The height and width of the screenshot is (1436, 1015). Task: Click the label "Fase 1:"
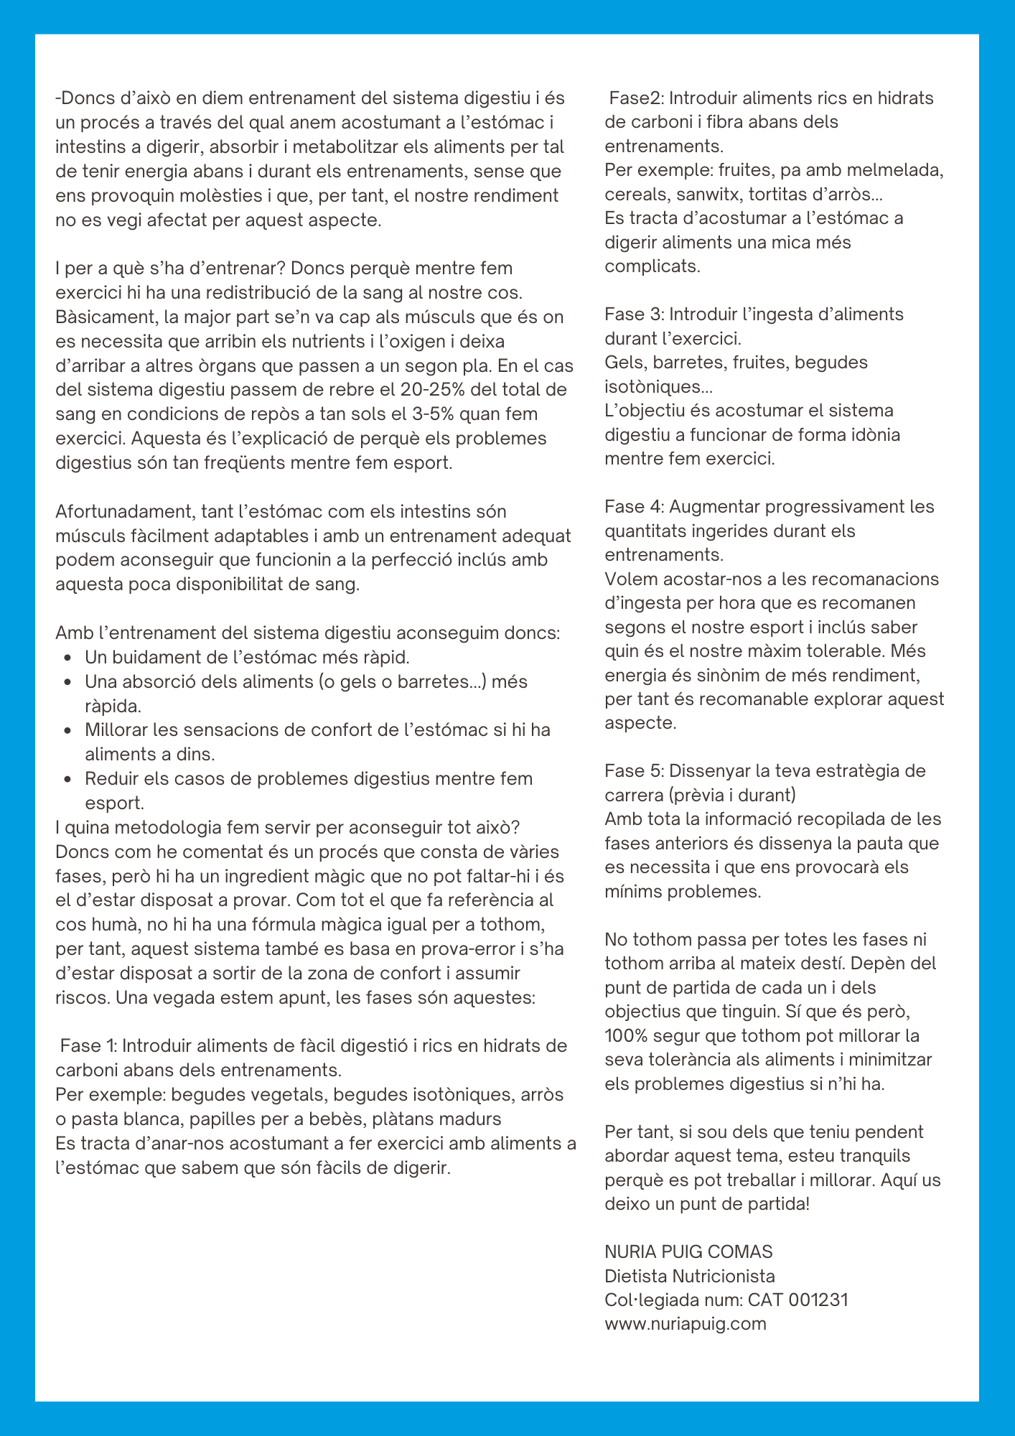coord(88,1045)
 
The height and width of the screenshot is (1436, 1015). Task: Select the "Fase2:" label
coord(636,98)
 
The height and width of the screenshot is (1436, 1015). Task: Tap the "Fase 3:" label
coord(636,314)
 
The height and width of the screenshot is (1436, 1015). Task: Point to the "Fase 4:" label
coord(636,506)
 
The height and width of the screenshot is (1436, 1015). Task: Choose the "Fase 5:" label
coord(636,770)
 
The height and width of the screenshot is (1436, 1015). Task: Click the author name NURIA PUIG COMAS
coord(688,1251)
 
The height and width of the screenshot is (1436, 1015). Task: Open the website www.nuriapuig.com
coord(686,1323)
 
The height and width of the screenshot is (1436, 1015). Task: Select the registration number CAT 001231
coord(797,1300)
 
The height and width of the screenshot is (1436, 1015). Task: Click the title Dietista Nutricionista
coord(690,1276)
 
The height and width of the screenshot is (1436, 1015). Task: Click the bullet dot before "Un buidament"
coord(67,658)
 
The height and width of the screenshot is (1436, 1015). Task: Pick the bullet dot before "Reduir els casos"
coord(67,779)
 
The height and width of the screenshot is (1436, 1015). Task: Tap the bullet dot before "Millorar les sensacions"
coord(67,730)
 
